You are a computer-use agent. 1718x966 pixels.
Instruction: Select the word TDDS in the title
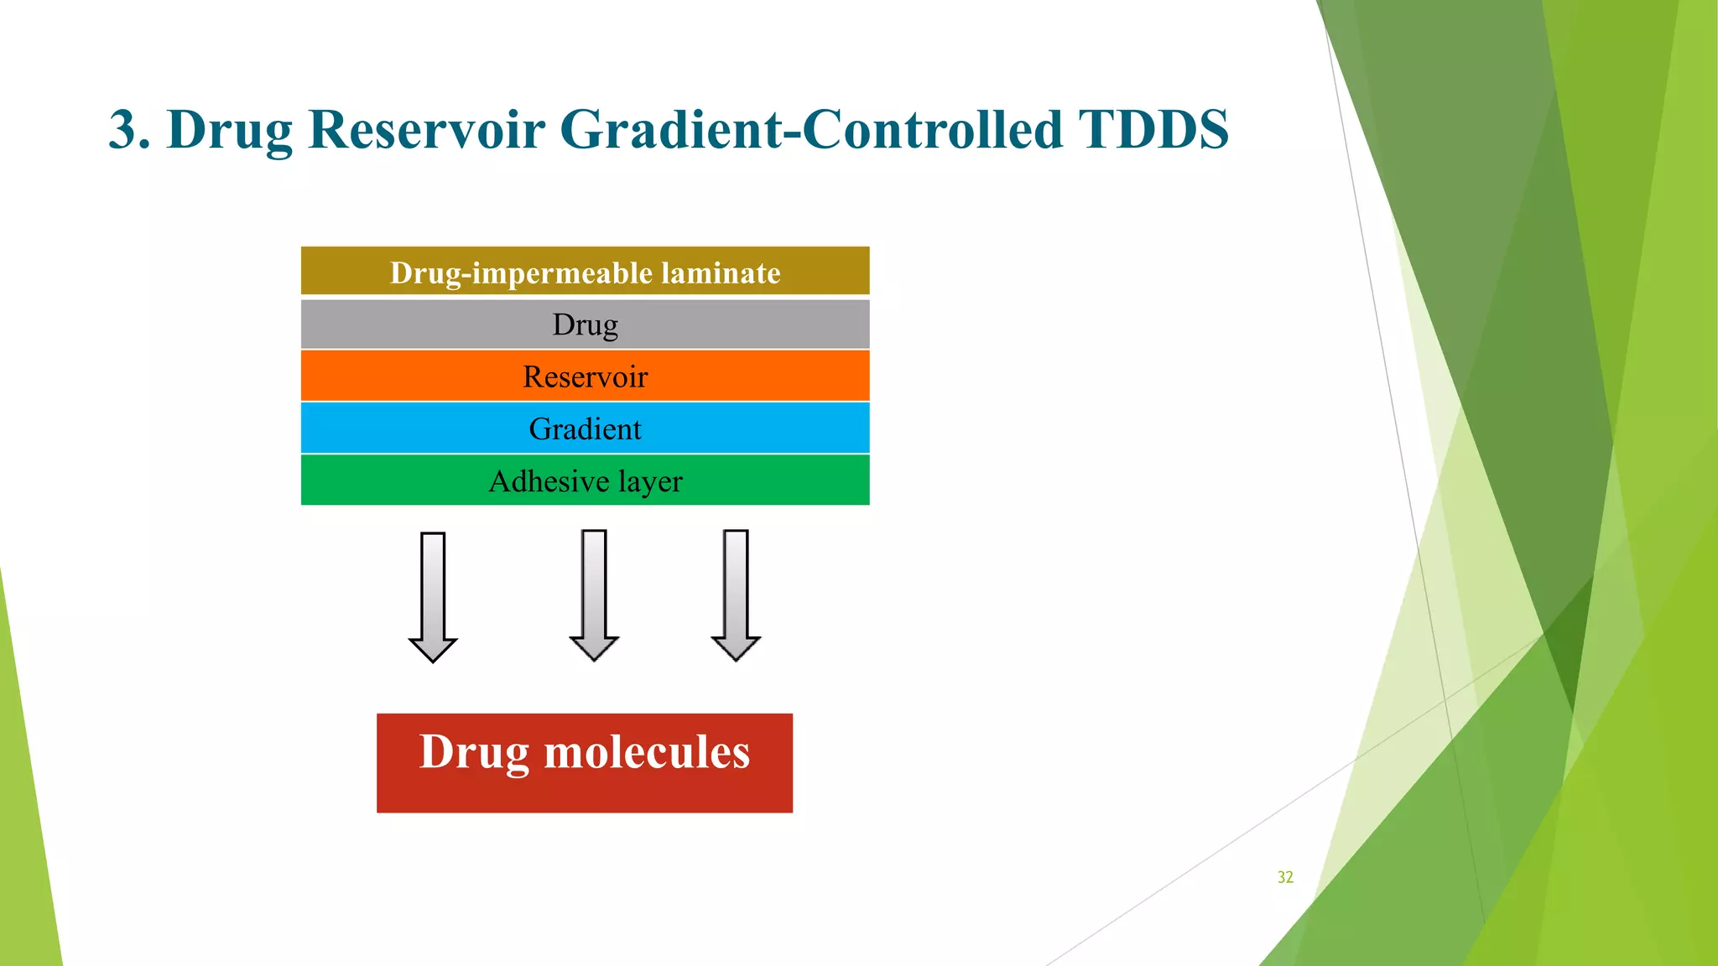1153,130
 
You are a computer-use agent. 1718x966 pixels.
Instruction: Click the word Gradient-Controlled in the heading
810,130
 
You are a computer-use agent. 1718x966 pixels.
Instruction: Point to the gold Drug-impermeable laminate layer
585,272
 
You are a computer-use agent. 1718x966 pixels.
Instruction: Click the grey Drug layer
585,325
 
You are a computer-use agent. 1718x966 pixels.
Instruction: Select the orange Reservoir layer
585,377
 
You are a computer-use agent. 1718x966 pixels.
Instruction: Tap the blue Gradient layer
585,428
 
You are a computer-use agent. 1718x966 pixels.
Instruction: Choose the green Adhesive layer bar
585,480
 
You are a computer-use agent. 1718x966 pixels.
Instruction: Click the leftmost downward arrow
433,597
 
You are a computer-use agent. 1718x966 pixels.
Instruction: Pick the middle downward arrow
594,595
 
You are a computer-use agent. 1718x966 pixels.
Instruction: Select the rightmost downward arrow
736,595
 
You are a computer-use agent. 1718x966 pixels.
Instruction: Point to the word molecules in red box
647,751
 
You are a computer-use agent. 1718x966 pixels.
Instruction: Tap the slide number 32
1285,877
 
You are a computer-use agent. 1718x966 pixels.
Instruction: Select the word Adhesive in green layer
549,481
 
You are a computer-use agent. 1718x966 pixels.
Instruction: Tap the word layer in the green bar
650,481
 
